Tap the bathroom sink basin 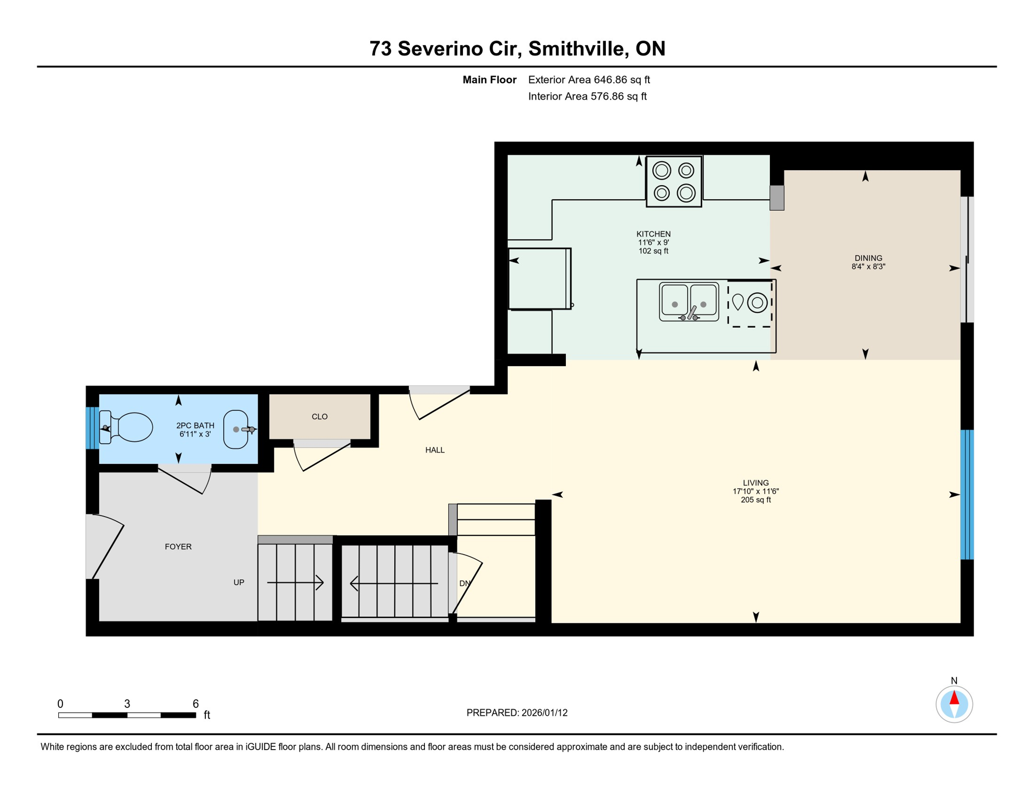[236, 429]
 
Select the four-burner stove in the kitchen [674, 182]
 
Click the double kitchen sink [689, 302]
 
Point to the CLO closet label [319, 417]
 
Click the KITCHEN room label [653, 234]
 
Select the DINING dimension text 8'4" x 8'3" [868, 267]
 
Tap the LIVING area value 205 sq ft [755, 500]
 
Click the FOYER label [178, 547]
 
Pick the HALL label [435, 450]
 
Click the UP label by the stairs [239, 583]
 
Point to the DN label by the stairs [464, 584]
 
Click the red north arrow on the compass [954, 698]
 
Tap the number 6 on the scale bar [196, 704]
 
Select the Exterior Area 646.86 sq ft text [589, 80]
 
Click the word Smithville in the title [576, 48]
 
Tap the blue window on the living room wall [966, 494]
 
